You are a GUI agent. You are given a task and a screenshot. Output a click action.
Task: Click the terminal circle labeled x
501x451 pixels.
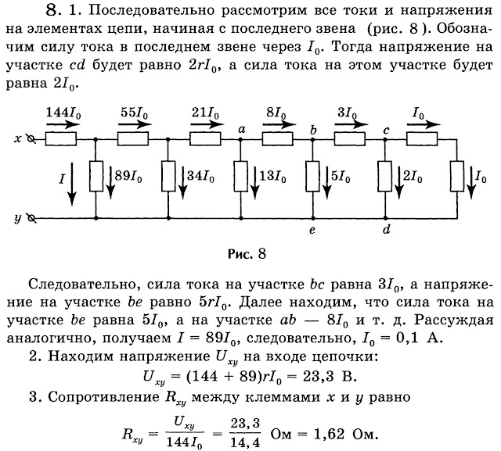click(x=31, y=139)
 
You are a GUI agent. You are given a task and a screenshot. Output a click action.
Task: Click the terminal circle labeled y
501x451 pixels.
click(x=31, y=219)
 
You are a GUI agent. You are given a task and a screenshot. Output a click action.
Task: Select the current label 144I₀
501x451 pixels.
click(x=63, y=113)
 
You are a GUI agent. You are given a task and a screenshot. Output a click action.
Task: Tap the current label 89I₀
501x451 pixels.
click(x=128, y=176)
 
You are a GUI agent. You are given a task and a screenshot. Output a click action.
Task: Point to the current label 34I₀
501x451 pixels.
click(x=200, y=176)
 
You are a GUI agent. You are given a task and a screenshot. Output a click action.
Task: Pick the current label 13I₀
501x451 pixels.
click(x=272, y=176)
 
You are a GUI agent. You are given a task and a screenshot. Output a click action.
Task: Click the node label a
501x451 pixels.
click(x=242, y=129)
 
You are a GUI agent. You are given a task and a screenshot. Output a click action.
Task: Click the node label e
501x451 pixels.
click(x=312, y=230)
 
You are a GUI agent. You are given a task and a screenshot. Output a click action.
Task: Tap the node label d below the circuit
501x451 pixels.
click(x=386, y=229)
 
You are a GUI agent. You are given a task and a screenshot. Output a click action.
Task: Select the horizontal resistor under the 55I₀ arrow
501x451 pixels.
click(x=133, y=139)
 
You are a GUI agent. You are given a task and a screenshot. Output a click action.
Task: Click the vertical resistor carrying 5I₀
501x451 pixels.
click(x=313, y=177)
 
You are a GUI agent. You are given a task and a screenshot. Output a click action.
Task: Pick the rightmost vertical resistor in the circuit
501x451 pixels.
click(x=457, y=177)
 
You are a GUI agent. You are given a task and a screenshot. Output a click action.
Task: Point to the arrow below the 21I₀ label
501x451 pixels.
click(x=207, y=124)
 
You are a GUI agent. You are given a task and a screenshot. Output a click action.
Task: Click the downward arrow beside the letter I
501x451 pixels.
click(x=72, y=184)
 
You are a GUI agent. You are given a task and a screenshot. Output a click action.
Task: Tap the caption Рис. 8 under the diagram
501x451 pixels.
click(x=247, y=254)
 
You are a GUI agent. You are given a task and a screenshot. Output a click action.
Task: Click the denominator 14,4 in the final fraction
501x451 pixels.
click(x=245, y=442)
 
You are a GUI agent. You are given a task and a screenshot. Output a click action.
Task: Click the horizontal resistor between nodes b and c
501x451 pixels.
click(x=350, y=139)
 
